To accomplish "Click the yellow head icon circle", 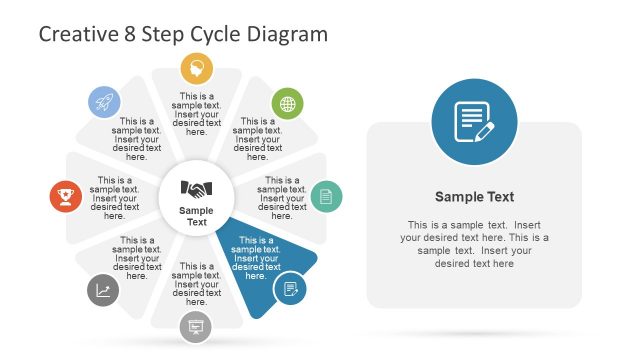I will pyautogui.click(x=197, y=68).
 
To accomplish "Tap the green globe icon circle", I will pyautogui.click(x=288, y=103).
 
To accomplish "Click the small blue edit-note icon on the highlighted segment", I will pyautogui.click(x=290, y=288).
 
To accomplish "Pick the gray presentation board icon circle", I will pyautogui.click(x=196, y=326).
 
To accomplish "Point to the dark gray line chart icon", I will pyautogui.click(x=103, y=290).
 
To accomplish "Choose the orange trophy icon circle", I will pyautogui.click(x=66, y=196).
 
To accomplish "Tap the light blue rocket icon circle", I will pyautogui.click(x=104, y=102).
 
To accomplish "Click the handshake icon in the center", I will pyautogui.click(x=196, y=188).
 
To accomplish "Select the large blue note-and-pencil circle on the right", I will pyautogui.click(x=474, y=123).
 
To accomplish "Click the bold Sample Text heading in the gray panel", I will pyautogui.click(x=474, y=197).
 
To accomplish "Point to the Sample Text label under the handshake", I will pyautogui.click(x=196, y=216).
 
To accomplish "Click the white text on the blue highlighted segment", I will pyautogui.click(x=256, y=258).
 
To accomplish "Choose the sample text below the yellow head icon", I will pyautogui.click(x=197, y=114).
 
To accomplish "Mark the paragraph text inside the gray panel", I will pyautogui.click(x=474, y=244).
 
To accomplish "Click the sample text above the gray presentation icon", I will pyautogui.click(x=196, y=284).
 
